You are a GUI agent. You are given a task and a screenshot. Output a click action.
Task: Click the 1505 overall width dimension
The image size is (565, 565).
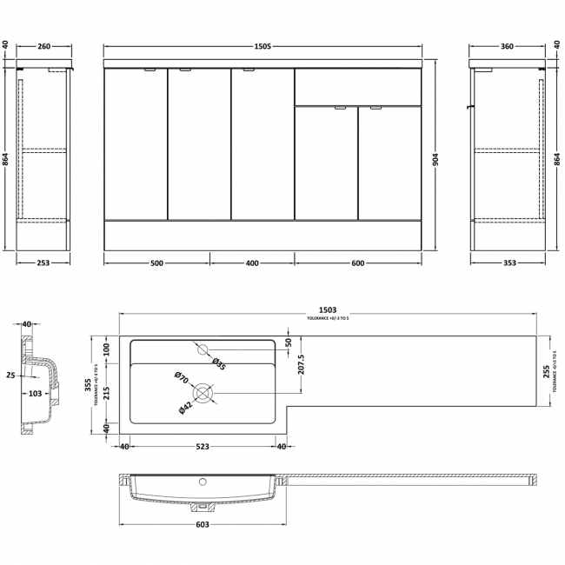263,47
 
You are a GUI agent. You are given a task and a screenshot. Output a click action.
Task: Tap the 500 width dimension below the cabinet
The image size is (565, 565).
156,263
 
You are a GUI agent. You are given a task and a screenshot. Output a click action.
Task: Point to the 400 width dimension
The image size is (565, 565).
251,263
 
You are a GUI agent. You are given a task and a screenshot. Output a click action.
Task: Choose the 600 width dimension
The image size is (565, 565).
357,263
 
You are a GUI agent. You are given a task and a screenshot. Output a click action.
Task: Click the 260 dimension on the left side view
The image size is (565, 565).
44,47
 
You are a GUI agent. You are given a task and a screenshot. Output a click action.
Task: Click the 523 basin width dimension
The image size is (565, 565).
202,448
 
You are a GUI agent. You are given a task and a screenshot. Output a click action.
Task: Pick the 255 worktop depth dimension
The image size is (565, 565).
544,371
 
